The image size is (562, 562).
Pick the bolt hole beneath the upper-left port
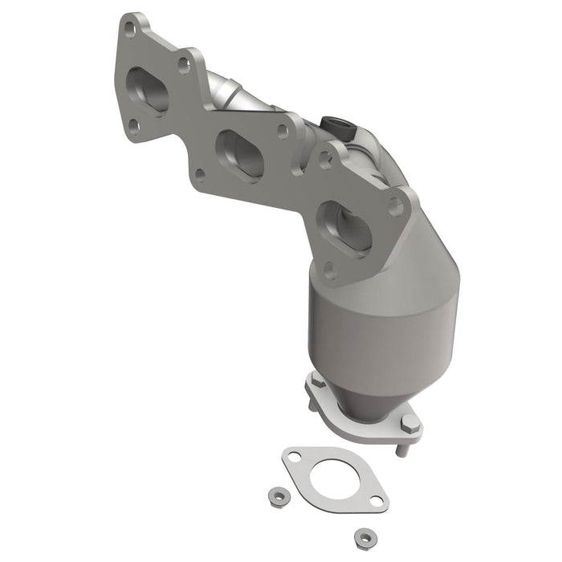[133, 125]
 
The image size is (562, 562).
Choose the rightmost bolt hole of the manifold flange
[395, 206]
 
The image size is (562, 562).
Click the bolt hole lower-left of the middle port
[199, 172]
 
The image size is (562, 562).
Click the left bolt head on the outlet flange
[317, 384]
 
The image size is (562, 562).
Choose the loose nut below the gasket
[365, 536]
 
